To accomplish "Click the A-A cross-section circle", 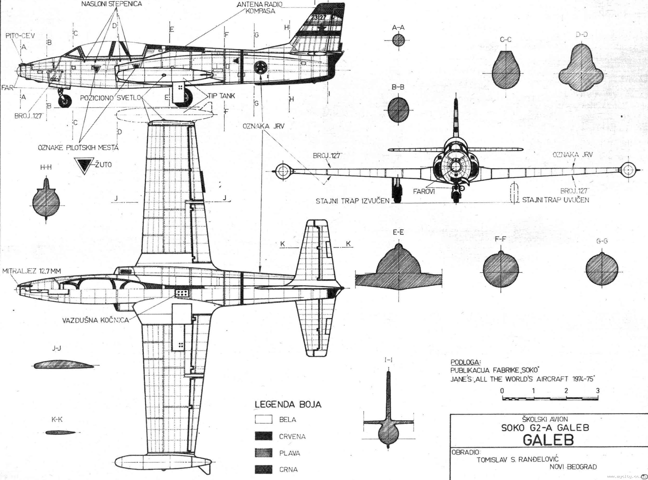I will point(398,41).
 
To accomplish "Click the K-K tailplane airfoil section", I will point(58,433).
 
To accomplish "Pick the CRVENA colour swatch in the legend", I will point(263,436).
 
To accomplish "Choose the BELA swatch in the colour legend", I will point(263,419).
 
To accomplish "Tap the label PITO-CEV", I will point(20,36).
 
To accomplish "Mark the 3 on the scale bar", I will point(598,391).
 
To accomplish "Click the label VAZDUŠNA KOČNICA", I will point(95,320).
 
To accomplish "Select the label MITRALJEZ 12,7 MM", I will point(32,271).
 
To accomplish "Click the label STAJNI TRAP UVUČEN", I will point(555,200).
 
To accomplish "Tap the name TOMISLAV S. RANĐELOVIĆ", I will point(517,459).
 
